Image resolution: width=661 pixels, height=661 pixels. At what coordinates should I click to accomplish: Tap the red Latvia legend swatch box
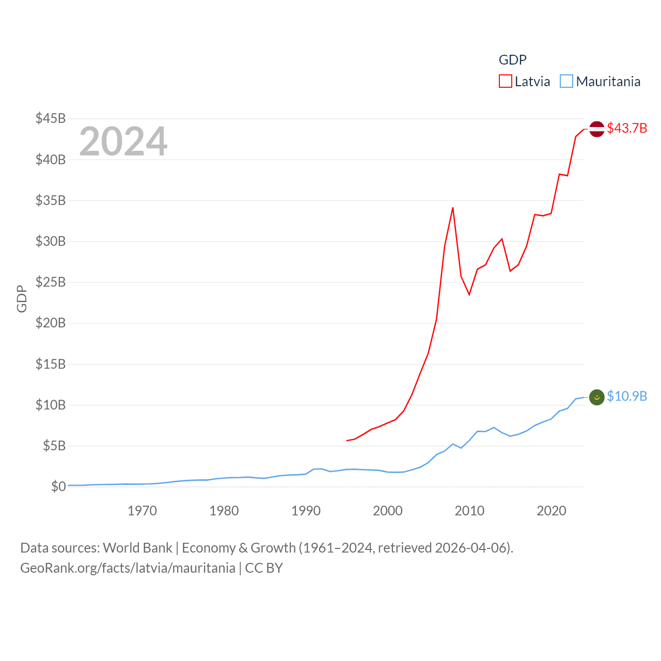coord(505,82)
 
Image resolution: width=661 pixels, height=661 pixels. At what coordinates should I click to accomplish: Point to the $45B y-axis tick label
coord(51,118)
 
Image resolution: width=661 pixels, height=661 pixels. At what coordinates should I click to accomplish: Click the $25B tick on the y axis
coord(51,282)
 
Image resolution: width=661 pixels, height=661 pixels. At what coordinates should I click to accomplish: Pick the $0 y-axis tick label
coord(58,486)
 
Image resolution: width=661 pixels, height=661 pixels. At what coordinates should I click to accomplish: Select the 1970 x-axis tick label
coord(142,511)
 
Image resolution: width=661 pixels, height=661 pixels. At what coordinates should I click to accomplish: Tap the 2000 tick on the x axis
coord(388,511)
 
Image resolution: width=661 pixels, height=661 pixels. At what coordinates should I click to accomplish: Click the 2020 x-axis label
coord(552,511)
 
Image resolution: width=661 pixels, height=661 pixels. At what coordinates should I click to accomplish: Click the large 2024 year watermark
coord(123,141)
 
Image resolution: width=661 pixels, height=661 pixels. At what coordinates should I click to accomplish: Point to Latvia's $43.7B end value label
coord(627,128)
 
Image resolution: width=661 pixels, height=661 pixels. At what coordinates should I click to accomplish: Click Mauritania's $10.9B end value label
coord(627,396)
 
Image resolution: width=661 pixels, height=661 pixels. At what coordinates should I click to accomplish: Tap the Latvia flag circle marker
coord(597,129)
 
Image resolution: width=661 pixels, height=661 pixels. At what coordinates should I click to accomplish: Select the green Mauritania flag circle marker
coord(597,397)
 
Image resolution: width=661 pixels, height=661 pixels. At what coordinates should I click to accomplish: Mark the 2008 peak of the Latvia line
coord(453,208)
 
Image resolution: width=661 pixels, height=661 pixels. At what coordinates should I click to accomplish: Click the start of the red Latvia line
coord(347,440)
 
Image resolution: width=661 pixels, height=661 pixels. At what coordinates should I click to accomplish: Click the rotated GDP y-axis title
coord(22,298)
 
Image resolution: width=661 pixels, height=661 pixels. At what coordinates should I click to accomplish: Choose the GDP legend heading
coord(512,60)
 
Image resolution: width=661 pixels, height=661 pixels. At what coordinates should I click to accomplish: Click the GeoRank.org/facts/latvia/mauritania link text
coord(128,568)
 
